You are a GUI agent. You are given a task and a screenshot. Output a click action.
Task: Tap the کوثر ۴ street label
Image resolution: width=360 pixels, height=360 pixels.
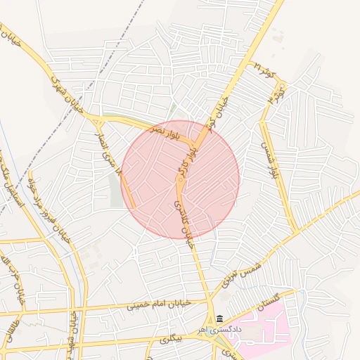[279, 91]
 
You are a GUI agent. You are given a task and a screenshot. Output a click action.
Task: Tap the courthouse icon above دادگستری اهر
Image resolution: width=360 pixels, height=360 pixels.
[220, 319]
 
